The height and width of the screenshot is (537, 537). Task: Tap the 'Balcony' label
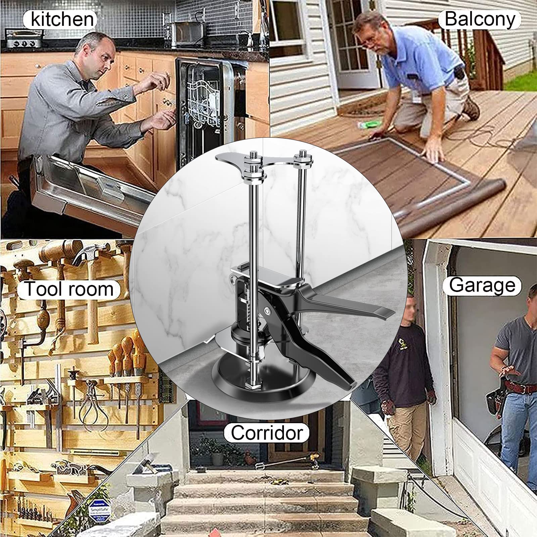tap(480, 19)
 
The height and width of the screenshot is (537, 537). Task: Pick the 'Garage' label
tap(482, 286)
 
